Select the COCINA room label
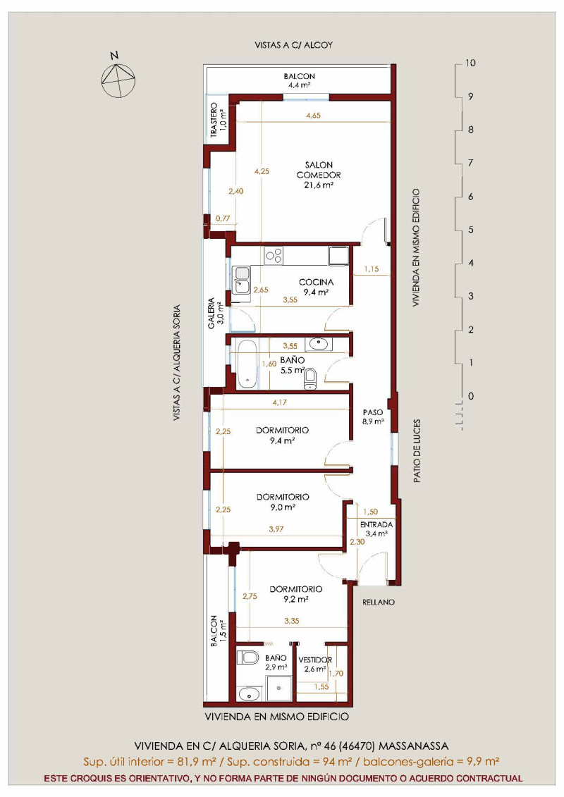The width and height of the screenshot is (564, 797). (x=316, y=282)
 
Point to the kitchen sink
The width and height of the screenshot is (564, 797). (x=241, y=280)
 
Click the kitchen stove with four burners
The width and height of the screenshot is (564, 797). (x=274, y=255)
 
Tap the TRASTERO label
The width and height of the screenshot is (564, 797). (x=214, y=121)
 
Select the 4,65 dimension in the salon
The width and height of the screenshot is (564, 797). (x=313, y=116)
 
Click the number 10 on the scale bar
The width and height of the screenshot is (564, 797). (x=470, y=63)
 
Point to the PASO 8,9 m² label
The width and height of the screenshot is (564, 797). (x=373, y=416)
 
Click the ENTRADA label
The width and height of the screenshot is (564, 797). (x=376, y=524)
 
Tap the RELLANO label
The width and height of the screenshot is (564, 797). (x=379, y=603)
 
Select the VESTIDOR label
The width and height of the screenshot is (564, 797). (x=315, y=660)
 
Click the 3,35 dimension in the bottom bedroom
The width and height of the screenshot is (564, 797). (x=292, y=621)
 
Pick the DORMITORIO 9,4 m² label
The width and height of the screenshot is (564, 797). (x=282, y=435)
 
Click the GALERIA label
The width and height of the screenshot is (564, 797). (x=211, y=314)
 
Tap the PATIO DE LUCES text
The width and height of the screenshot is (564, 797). (x=417, y=451)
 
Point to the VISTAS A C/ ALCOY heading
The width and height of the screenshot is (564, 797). (x=294, y=45)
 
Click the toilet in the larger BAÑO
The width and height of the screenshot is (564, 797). (x=309, y=378)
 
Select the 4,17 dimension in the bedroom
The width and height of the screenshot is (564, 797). (x=280, y=402)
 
